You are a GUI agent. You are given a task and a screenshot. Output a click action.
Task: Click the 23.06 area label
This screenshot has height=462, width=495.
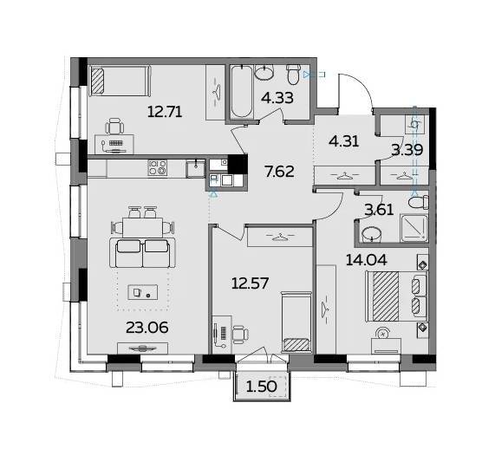point(147,328)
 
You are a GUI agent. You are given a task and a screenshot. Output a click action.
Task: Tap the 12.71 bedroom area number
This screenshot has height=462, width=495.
point(165,112)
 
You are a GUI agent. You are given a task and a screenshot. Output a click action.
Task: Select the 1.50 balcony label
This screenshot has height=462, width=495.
point(262,387)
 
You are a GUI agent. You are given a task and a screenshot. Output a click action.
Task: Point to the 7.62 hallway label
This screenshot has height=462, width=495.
point(279,172)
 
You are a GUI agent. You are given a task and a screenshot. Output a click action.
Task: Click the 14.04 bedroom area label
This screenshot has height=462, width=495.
point(366,260)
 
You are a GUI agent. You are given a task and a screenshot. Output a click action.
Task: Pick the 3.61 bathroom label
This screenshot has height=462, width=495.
point(379,210)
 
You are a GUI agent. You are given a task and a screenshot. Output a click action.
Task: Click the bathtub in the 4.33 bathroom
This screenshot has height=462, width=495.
point(242,92)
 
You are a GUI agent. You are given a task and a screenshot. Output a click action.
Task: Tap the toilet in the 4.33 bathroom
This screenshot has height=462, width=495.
point(293,75)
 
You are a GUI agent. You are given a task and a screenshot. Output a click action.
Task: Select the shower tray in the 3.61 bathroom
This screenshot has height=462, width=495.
point(414,228)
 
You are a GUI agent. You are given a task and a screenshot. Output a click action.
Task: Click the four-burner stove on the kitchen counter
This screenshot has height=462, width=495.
point(157,167)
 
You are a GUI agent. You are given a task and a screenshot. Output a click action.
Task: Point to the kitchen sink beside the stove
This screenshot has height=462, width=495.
point(195,168)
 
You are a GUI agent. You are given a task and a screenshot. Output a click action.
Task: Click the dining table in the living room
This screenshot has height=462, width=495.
point(142,227)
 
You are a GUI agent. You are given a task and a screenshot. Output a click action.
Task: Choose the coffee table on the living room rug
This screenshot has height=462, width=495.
point(142,292)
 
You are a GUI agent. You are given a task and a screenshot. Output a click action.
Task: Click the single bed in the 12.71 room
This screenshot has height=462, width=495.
point(120,81)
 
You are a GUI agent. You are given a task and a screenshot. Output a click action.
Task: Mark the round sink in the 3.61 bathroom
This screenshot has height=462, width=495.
point(371,235)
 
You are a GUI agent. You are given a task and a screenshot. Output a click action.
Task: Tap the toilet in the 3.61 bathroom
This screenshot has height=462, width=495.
point(419,202)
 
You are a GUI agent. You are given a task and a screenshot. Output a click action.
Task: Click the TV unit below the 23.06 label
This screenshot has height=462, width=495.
point(142,348)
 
